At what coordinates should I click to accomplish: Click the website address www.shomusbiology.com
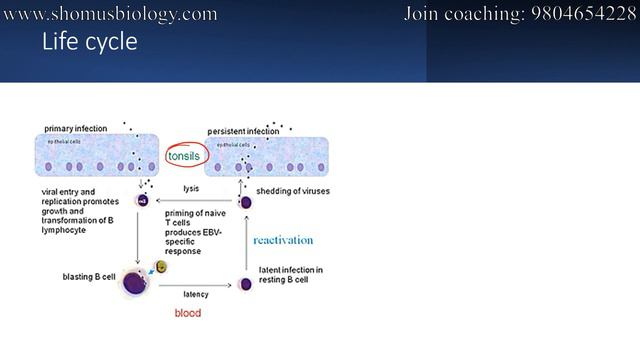click(x=111, y=14)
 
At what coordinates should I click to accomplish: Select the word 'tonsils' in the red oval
click(x=186, y=156)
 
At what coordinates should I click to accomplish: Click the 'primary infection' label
click(x=78, y=129)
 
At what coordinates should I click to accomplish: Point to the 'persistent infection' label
click(x=243, y=131)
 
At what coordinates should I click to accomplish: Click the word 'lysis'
click(x=192, y=188)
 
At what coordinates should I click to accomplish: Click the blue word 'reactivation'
click(x=283, y=240)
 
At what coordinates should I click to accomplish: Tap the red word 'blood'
click(x=188, y=313)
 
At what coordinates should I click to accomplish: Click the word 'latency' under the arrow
click(x=196, y=294)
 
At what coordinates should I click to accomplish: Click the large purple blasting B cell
click(x=136, y=283)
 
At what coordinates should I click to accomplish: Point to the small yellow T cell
click(x=161, y=267)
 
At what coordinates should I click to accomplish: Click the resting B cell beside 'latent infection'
click(x=246, y=284)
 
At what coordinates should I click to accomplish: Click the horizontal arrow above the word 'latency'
click(x=196, y=285)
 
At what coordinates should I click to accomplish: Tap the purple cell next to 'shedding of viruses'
click(x=246, y=202)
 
